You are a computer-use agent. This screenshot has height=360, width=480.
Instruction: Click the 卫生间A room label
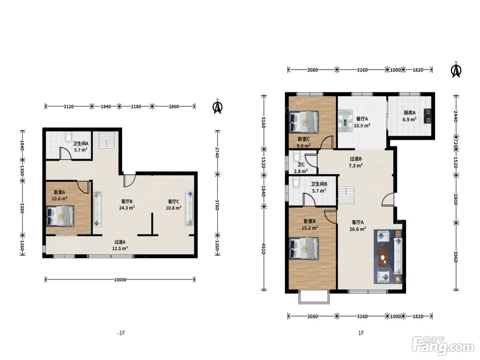click(81, 144)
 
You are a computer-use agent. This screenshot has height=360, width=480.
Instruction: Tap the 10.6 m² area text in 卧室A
click(59, 199)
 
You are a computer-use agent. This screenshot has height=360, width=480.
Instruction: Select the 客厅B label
click(127, 201)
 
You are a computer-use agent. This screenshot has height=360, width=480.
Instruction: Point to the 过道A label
click(120, 242)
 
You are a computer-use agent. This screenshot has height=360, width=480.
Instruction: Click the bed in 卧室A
click(60, 216)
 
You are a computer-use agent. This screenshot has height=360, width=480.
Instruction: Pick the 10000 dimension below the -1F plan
click(120, 279)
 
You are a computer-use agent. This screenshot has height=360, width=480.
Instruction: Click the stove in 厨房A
click(428, 116)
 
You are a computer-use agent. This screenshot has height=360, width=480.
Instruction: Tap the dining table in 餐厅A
click(346, 121)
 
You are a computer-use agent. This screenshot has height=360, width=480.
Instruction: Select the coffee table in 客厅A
click(383, 256)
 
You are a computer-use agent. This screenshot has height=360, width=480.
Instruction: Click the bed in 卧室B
click(303, 248)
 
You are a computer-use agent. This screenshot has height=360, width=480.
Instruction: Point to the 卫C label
click(301, 165)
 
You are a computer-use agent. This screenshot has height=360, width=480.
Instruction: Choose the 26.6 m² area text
click(358, 229)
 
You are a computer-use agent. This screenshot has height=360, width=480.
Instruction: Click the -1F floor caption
click(121, 333)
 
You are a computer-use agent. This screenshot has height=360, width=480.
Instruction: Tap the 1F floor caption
click(361, 333)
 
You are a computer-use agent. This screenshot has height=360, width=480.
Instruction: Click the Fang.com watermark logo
click(443, 347)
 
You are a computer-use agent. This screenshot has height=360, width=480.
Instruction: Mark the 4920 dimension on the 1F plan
click(264, 249)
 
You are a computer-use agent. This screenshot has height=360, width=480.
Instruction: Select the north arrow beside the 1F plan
click(456, 70)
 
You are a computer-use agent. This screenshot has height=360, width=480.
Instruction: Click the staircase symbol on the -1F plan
click(107, 140)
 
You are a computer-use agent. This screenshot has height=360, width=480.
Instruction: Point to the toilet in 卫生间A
click(69, 136)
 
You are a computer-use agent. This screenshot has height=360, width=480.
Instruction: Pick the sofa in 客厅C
click(189, 208)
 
